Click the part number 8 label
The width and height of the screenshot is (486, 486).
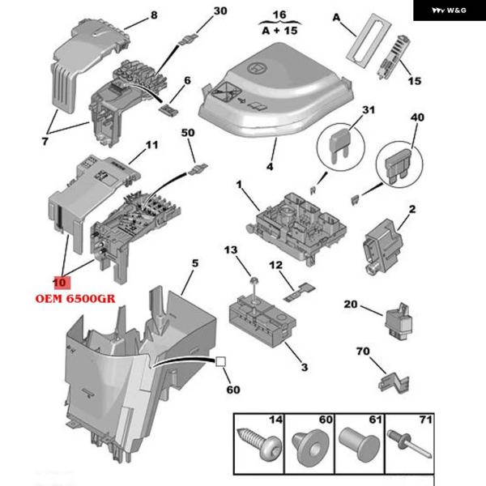click(x=154, y=15)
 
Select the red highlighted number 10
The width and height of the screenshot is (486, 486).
click(x=59, y=283)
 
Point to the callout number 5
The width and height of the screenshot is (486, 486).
click(x=194, y=263)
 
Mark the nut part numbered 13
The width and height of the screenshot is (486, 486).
click(x=253, y=280)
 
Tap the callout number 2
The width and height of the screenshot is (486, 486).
click(x=412, y=209)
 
